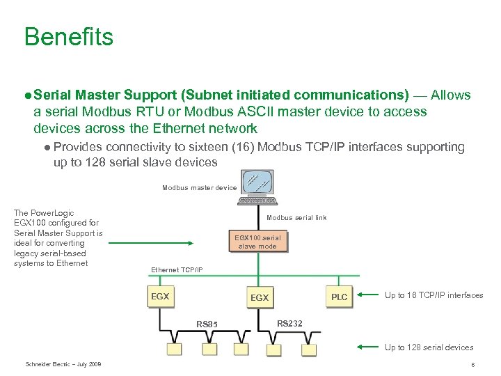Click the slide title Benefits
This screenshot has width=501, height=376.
point(68,36)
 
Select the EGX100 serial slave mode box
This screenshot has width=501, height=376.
point(257,242)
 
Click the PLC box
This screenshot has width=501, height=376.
point(340,296)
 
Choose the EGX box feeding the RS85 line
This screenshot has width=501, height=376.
point(160,296)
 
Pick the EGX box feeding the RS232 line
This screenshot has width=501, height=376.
point(260,297)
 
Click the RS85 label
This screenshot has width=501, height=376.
point(207,324)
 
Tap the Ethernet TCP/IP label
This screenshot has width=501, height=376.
point(177,269)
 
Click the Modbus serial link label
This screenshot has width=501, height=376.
point(296,218)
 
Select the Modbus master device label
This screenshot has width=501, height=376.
point(200,188)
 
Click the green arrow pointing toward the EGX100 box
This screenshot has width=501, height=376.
point(150,243)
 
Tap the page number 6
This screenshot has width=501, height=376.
point(472,365)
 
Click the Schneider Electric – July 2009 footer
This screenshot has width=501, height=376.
point(63,364)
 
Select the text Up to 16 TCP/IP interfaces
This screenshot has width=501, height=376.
point(434,295)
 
